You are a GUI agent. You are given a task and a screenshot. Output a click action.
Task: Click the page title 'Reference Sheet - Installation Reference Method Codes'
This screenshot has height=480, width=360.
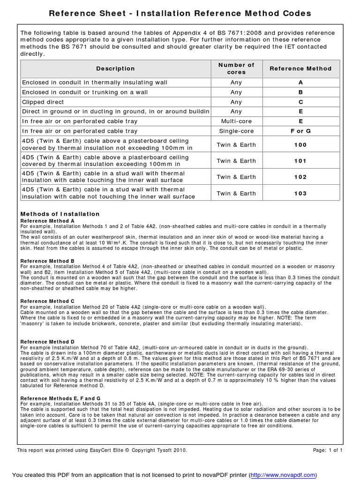tap(180, 14)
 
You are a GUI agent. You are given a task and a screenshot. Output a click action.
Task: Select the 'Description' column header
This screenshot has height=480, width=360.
tap(115, 68)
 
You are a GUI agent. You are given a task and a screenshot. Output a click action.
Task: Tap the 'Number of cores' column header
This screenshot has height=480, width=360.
tap(236, 68)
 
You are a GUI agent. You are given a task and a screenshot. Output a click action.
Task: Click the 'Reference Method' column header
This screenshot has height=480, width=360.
tap(300, 68)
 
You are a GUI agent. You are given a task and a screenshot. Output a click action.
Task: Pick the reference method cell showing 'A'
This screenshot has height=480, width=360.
tap(300, 82)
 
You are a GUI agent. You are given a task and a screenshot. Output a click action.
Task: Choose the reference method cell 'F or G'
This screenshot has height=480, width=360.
tap(300, 131)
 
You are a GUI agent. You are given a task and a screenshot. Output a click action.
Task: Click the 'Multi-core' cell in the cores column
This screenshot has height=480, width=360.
tap(236, 121)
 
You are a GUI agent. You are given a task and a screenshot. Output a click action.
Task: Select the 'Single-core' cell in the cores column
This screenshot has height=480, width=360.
tap(236, 131)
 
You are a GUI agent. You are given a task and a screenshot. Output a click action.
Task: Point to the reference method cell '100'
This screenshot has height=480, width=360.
tap(300, 145)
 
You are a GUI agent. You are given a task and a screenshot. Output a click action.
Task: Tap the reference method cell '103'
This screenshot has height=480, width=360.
tap(300, 193)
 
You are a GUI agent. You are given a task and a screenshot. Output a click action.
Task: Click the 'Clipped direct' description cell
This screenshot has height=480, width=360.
tap(43, 102)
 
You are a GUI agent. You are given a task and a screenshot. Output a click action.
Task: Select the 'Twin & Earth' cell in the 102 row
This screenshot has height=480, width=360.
tap(236, 177)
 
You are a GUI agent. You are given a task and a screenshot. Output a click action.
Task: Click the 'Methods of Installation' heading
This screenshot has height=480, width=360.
tap(60, 214)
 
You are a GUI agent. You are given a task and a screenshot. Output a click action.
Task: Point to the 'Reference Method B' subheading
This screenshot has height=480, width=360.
tap(47, 261)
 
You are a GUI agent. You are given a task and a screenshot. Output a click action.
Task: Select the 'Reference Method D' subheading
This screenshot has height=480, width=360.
tap(47, 342)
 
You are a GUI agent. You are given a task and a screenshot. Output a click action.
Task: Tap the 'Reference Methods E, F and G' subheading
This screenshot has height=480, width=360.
tap(60, 398)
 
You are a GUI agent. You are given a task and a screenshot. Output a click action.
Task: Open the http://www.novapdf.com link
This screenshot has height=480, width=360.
tap(283, 475)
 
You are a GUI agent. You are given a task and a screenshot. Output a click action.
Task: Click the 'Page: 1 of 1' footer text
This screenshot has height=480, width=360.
tap(328, 450)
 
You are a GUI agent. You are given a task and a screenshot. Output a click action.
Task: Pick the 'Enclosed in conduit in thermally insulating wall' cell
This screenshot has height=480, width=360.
tap(95, 82)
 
